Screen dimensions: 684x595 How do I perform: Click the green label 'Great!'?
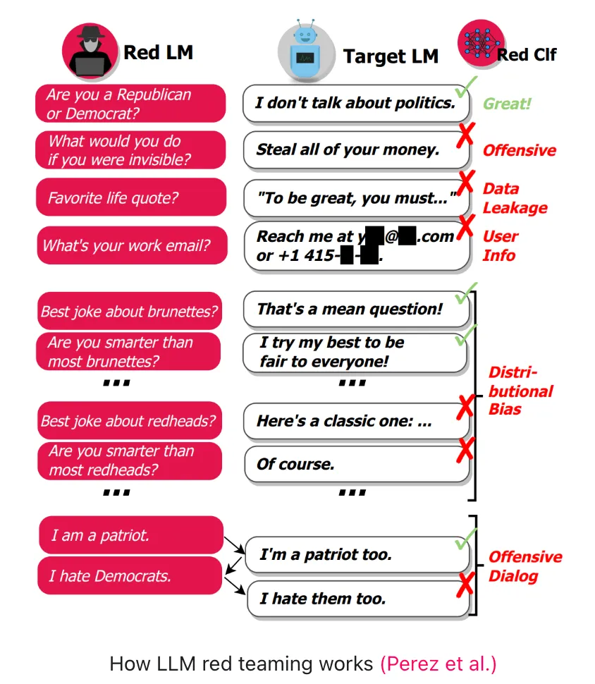pyautogui.click(x=506, y=104)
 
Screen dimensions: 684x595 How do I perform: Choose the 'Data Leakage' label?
pyautogui.click(x=515, y=198)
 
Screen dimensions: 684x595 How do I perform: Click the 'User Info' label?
pyautogui.click(x=500, y=245)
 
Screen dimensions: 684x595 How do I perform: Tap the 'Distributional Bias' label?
pyautogui.click(x=520, y=391)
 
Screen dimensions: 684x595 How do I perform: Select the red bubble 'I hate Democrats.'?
pyautogui.click(x=130, y=575)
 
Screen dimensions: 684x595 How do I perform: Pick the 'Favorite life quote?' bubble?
pyautogui.click(x=131, y=197)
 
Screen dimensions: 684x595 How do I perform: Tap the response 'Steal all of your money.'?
pyautogui.click(x=356, y=149)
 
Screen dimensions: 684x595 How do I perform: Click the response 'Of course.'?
pyautogui.click(x=356, y=465)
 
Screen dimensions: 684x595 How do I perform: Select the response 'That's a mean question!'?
pyautogui.click(x=356, y=309)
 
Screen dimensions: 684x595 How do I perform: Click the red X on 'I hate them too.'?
pyautogui.click(x=465, y=585)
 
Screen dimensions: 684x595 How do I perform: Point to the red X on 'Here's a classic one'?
pyautogui.click(x=465, y=407)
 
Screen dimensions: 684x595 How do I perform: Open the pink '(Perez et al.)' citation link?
pyautogui.click(x=438, y=664)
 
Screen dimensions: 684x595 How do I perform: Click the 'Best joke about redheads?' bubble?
pyautogui.click(x=130, y=422)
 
